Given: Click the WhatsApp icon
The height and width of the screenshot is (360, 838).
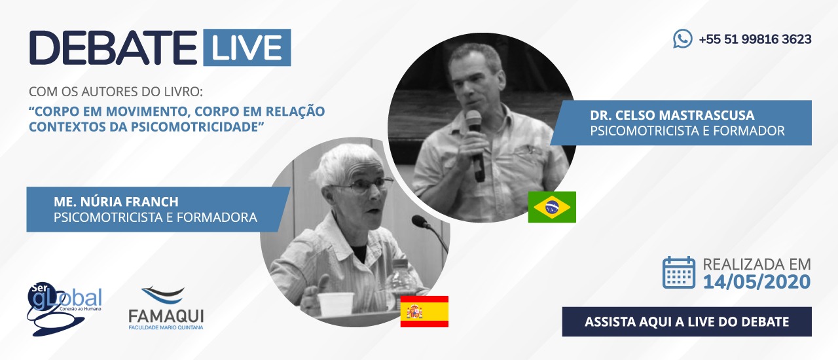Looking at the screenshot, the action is tap(682, 39).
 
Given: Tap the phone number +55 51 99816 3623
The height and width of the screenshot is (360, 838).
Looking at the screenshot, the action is tap(755, 39).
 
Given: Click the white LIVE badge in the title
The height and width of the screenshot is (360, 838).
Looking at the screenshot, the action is tap(247, 48).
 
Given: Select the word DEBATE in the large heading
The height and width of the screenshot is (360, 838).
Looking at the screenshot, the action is tap(113, 48).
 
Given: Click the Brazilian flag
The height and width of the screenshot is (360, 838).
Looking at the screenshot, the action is tap(552, 207).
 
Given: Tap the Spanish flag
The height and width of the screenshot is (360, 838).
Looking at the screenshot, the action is tap(424, 312).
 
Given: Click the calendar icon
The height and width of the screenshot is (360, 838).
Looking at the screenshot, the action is tap(679, 272).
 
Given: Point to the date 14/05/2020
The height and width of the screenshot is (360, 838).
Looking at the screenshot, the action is tap(756, 282).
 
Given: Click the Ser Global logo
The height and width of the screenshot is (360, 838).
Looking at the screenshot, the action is tap(64, 309).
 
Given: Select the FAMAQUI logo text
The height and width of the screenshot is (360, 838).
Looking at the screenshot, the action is tap(166, 317).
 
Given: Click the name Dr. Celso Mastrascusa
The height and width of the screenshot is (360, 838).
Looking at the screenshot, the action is tap(672, 115).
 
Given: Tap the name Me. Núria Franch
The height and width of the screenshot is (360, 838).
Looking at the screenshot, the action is tap(116, 202).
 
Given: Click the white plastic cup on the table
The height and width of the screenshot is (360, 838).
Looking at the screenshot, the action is tap(335, 304).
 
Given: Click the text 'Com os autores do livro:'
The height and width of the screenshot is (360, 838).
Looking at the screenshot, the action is tap(116, 92).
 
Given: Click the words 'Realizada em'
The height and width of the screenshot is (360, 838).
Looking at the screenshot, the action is tap(756, 264).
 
